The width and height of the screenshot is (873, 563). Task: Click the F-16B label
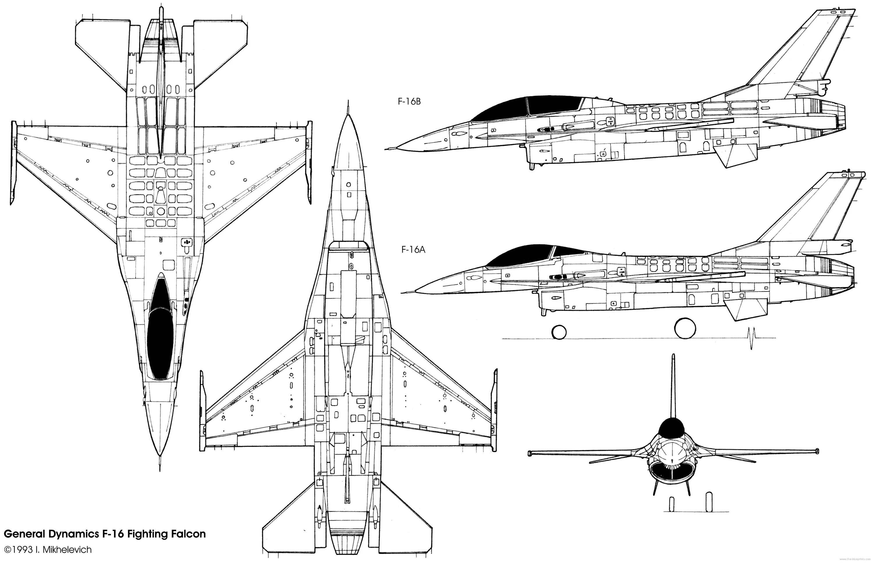409,102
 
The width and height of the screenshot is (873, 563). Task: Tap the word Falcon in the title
188,534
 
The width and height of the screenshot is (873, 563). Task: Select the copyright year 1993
22,550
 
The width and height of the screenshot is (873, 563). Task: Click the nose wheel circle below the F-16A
559,332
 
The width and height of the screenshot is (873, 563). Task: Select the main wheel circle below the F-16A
685,328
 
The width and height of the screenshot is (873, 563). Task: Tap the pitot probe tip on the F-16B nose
387,148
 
